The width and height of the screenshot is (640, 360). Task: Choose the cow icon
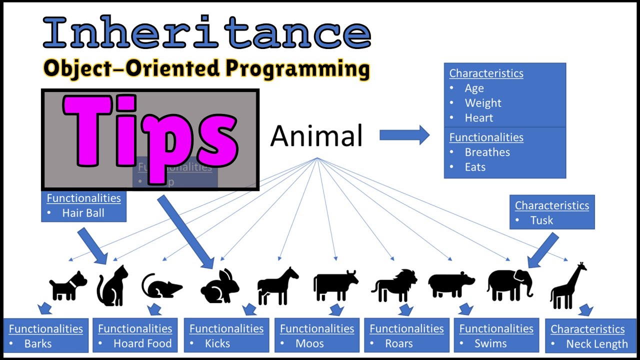pos(335,285)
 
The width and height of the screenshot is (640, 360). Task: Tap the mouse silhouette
pos(161,286)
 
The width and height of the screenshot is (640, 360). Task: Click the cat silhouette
pos(112,285)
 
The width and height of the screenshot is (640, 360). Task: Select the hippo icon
pos(451,285)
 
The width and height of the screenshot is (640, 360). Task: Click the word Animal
pos(316,136)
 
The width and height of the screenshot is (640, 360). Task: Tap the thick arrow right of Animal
pos(404,135)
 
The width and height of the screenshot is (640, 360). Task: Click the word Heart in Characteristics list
pos(478,118)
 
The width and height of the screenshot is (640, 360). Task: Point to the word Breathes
pos(487,152)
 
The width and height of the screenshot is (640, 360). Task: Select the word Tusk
pos(541,220)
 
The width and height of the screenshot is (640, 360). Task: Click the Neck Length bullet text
pos(596,344)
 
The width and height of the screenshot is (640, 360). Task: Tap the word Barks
pos(38,344)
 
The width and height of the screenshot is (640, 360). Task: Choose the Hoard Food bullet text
pos(142,344)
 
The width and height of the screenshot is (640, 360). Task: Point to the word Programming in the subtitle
pos(297,69)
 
